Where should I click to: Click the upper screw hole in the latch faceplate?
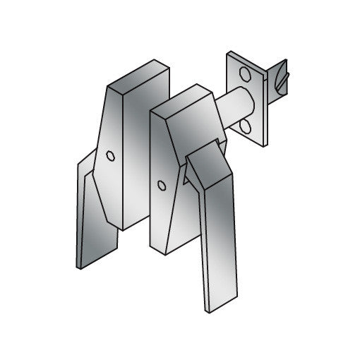pos(245,73)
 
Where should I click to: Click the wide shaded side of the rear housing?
pos(141,169)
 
